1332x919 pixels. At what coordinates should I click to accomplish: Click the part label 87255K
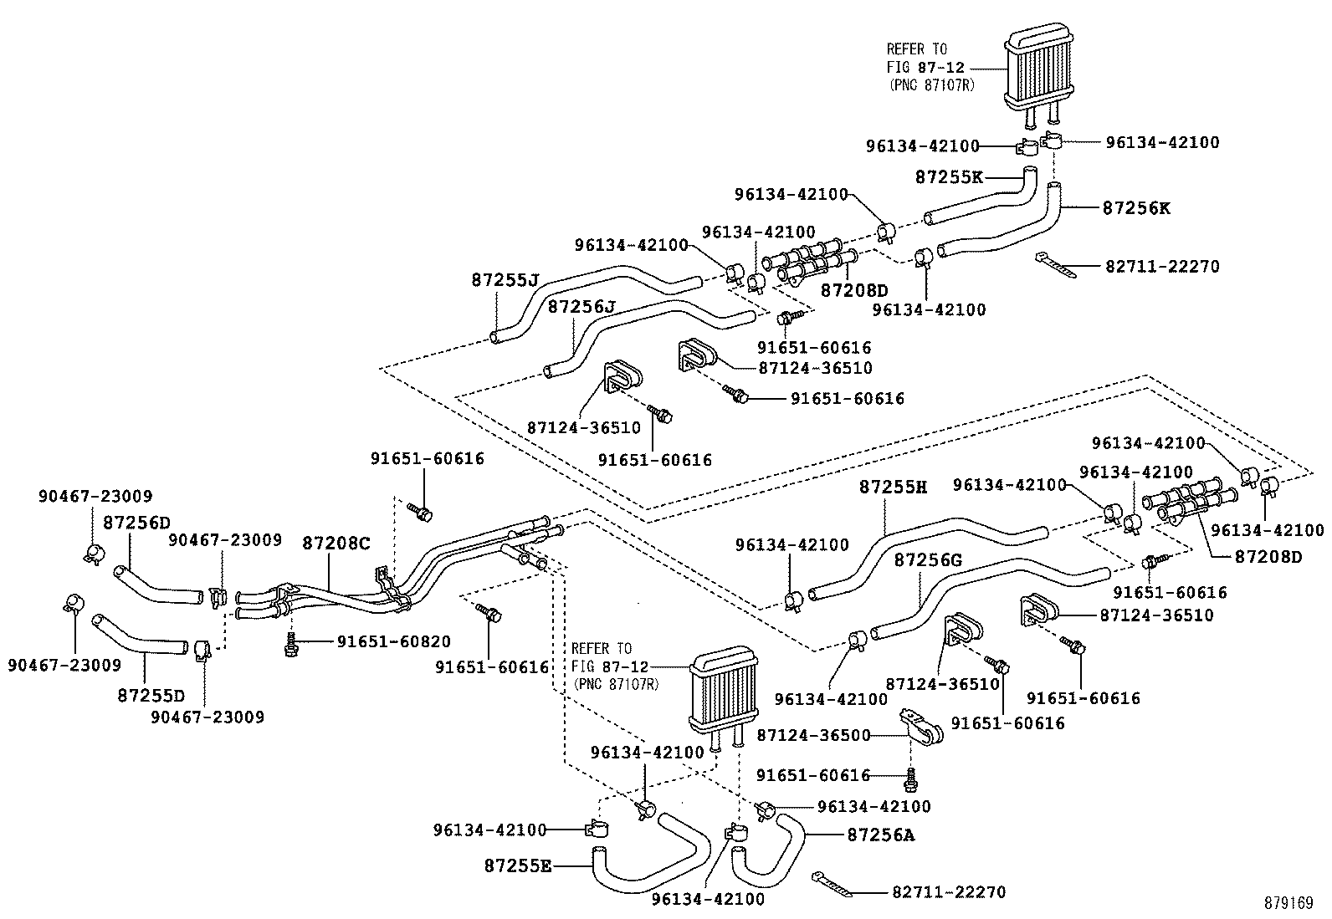coord(949,177)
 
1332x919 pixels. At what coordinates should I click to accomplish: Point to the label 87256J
coord(582,307)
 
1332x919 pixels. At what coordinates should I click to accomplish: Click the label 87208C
coord(336,543)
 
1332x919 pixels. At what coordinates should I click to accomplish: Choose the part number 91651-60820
coord(394,641)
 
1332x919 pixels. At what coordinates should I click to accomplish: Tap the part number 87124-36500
coord(813,735)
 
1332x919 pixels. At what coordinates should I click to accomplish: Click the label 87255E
coord(518,865)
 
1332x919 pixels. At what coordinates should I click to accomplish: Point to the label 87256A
coord(881,834)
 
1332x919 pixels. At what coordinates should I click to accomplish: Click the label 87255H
coord(893,487)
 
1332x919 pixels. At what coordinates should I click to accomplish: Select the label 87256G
coord(928,559)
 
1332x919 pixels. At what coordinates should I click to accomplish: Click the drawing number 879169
coord(1288,903)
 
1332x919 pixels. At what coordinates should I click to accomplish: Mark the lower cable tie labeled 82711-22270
coord(832,885)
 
